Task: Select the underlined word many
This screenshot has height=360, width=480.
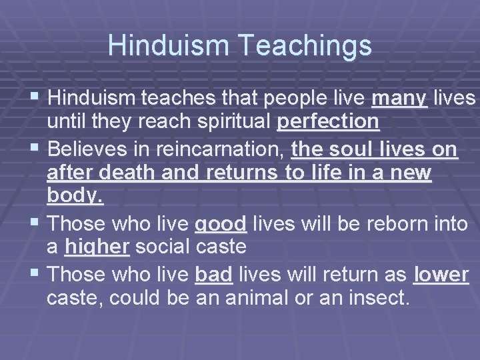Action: (399, 99)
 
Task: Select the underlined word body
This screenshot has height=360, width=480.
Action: (75, 197)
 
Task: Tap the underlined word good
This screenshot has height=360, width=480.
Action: (221, 222)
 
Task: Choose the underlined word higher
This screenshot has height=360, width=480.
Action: (97, 247)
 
